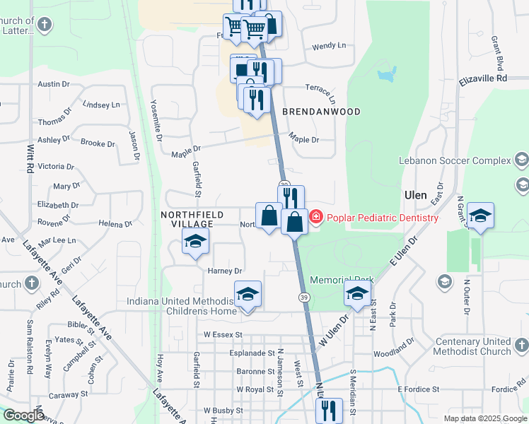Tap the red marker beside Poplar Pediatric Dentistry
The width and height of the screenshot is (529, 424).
(x=316, y=217)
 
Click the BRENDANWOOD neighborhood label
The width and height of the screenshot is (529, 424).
(x=322, y=112)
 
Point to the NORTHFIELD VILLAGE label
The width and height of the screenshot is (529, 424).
(x=192, y=219)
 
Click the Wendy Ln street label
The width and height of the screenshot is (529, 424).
(x=329, y=46)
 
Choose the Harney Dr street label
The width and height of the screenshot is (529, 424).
(x=225, y=271)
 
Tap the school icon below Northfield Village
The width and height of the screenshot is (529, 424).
(x=196, y=242)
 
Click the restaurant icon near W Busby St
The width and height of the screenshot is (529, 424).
(x=329, y=410)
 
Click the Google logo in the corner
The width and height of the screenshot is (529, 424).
(x=24, y=416)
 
